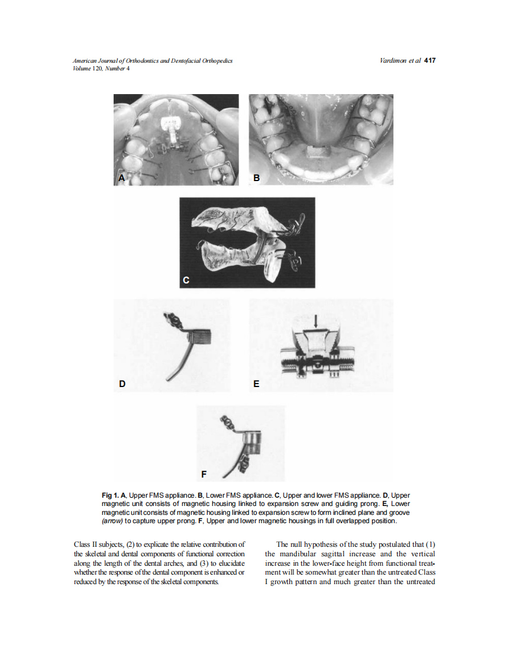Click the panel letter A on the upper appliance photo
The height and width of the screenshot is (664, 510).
click(121, 178)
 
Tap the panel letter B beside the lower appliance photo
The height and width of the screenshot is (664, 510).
click(257, 178)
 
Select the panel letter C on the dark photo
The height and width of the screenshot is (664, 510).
click(186, 280)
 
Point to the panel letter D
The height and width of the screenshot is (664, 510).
click(122, 383)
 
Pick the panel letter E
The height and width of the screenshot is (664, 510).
click(256, 383)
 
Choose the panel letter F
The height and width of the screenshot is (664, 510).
click(204, 474)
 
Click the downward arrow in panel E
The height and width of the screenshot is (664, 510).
click(318, 321)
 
